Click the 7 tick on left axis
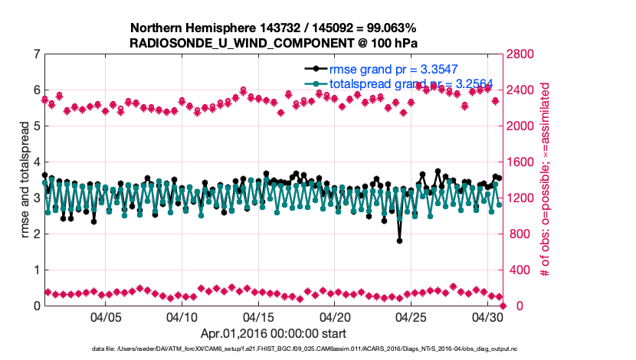(36, 54)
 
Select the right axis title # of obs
(545, 180)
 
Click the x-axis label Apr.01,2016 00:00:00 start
(274, 333)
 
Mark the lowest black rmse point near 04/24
(400, 241)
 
